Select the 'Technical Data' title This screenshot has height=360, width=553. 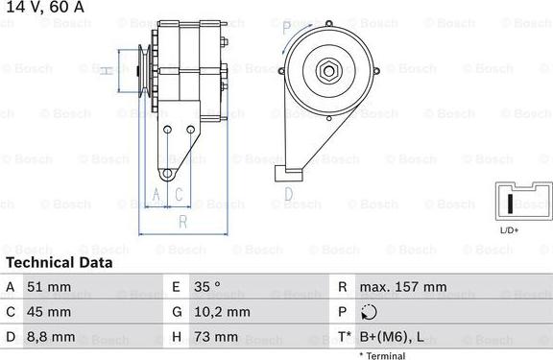click(x=60, y=262)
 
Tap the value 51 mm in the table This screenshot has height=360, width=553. click(x=50, y=287)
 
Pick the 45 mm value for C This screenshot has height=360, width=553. click(x=50, y=312)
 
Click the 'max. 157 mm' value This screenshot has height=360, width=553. click(x=402, y=287)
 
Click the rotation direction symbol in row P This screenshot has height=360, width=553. click(x=372, y=312)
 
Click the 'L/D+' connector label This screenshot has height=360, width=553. click(x=509, y=230)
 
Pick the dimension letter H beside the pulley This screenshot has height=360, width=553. click(x=109, y=69)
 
